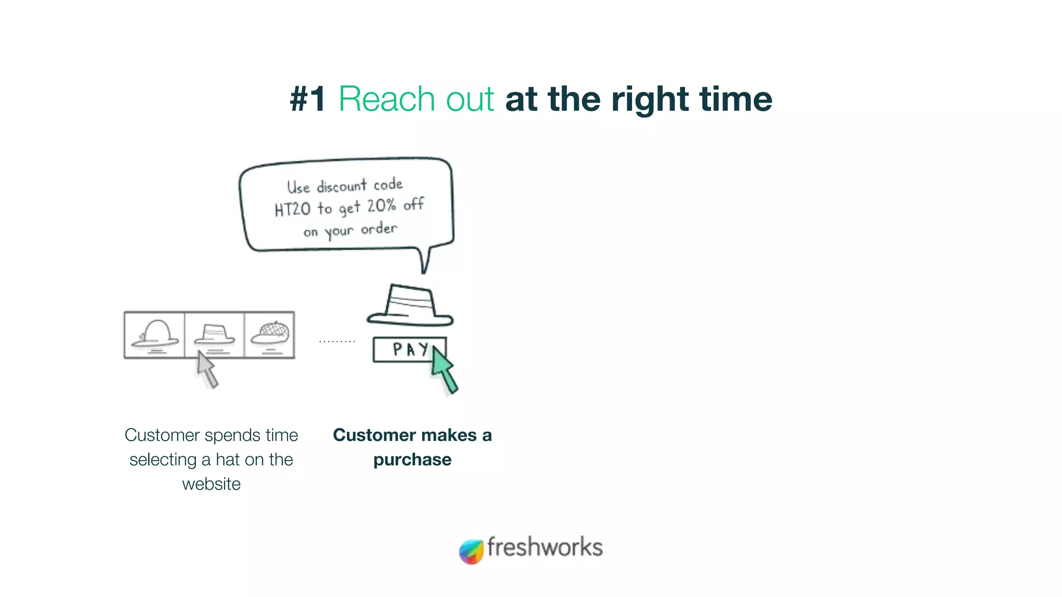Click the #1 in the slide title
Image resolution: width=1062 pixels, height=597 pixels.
[308, 99]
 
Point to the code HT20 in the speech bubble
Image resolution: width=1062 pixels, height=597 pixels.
[292, 209]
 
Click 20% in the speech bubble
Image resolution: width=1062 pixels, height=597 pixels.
[382, 206]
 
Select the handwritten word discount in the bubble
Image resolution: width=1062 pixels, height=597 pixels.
[342, 186]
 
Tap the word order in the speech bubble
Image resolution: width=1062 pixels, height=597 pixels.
[379, 229]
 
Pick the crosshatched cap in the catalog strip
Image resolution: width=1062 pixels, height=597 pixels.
[270, 334]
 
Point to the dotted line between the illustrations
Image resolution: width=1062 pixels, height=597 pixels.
[337, 342]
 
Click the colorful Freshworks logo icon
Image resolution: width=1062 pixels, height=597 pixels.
[471, 551]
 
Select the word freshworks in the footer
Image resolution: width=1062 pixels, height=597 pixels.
[544, 547]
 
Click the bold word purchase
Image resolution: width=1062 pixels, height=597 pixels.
[412, 460]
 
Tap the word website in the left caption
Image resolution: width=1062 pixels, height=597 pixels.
[211, 484]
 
